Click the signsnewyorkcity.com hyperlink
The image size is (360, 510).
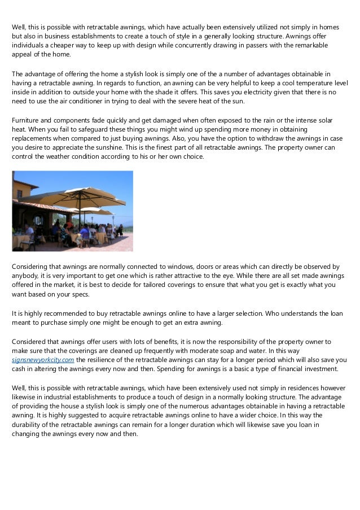pos(43,359)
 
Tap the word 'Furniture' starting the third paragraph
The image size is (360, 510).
pos(27,121)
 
